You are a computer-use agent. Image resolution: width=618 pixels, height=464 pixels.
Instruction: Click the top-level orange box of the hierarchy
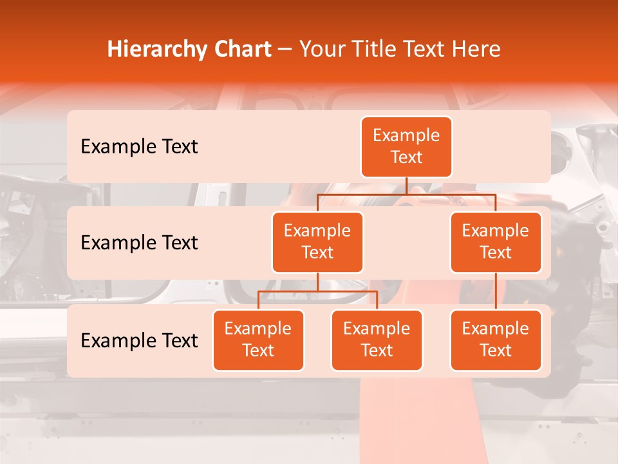(406, 147)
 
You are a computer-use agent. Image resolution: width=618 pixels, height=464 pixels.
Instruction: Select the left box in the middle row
(317, 242)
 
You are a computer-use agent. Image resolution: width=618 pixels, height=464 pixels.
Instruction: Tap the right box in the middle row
(496, 242)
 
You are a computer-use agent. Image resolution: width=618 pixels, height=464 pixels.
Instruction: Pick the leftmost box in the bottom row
(258, 340)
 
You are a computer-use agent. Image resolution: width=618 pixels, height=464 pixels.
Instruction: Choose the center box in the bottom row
(377, 340)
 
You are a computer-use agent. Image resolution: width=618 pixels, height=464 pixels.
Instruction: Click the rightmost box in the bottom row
(496, 340)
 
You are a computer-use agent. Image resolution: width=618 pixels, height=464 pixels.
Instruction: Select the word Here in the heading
(475, 49)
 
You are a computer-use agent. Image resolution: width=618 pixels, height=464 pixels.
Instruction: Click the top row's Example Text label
(139, 147)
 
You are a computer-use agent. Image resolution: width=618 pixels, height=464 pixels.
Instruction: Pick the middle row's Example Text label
(139, 242)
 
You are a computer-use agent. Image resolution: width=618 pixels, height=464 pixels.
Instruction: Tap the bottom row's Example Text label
(139, 340)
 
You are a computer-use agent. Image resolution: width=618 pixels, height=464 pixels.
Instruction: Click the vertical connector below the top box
(406, 186)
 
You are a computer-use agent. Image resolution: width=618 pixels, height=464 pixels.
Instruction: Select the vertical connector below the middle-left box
(317, 282)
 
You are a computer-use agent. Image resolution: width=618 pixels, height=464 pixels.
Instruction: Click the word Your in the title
(320, 49)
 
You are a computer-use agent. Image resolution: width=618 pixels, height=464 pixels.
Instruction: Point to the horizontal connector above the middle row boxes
(406, 193)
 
